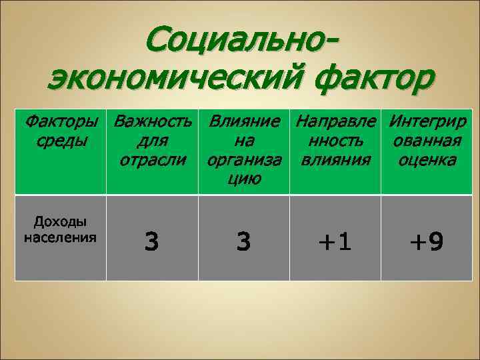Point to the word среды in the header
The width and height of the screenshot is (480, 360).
click(x=59, y=141)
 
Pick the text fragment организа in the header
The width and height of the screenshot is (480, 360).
click(x=244, y=160)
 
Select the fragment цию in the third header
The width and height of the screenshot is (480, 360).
click(x=244, y=179)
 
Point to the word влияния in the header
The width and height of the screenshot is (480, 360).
click(x=335, y=160)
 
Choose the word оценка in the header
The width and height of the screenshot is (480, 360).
click(x=427, y=160)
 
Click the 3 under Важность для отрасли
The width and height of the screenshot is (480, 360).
click(x=153, y=241)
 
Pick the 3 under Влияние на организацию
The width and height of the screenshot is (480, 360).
click(x=244, y=241)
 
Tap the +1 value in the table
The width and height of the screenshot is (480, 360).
click(x=335, y=241)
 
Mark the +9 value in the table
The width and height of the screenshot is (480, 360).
click(x=427, y=241)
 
